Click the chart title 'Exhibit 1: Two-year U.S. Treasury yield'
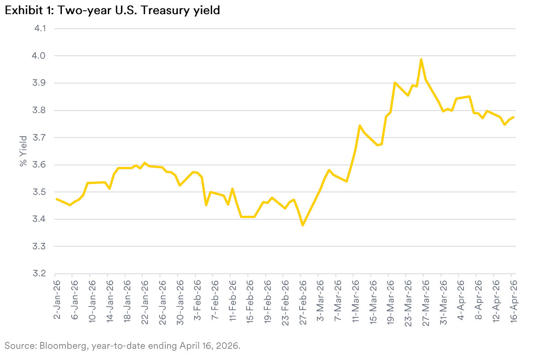[x=112, y=10]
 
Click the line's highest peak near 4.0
[x=421, y=59]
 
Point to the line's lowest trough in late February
[x=302, y=225]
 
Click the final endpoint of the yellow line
[x=513, y=117]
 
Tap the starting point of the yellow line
[x=57, y=199]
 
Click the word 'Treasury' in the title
[x=166, y=10]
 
